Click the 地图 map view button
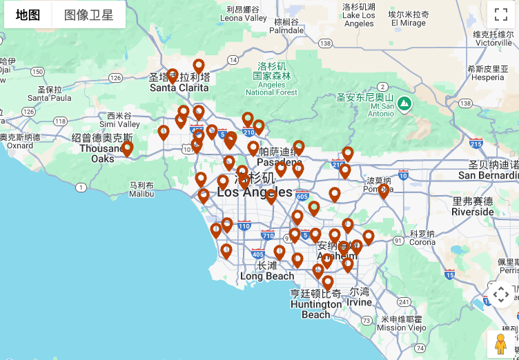[x=28, y=15]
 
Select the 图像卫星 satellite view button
[x=89, y=15]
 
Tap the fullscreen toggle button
[x=501, y=14]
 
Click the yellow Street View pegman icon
[x=501, y=343]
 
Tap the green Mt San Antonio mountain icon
[x=404, y=104]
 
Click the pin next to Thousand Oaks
[x=127, y=148]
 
